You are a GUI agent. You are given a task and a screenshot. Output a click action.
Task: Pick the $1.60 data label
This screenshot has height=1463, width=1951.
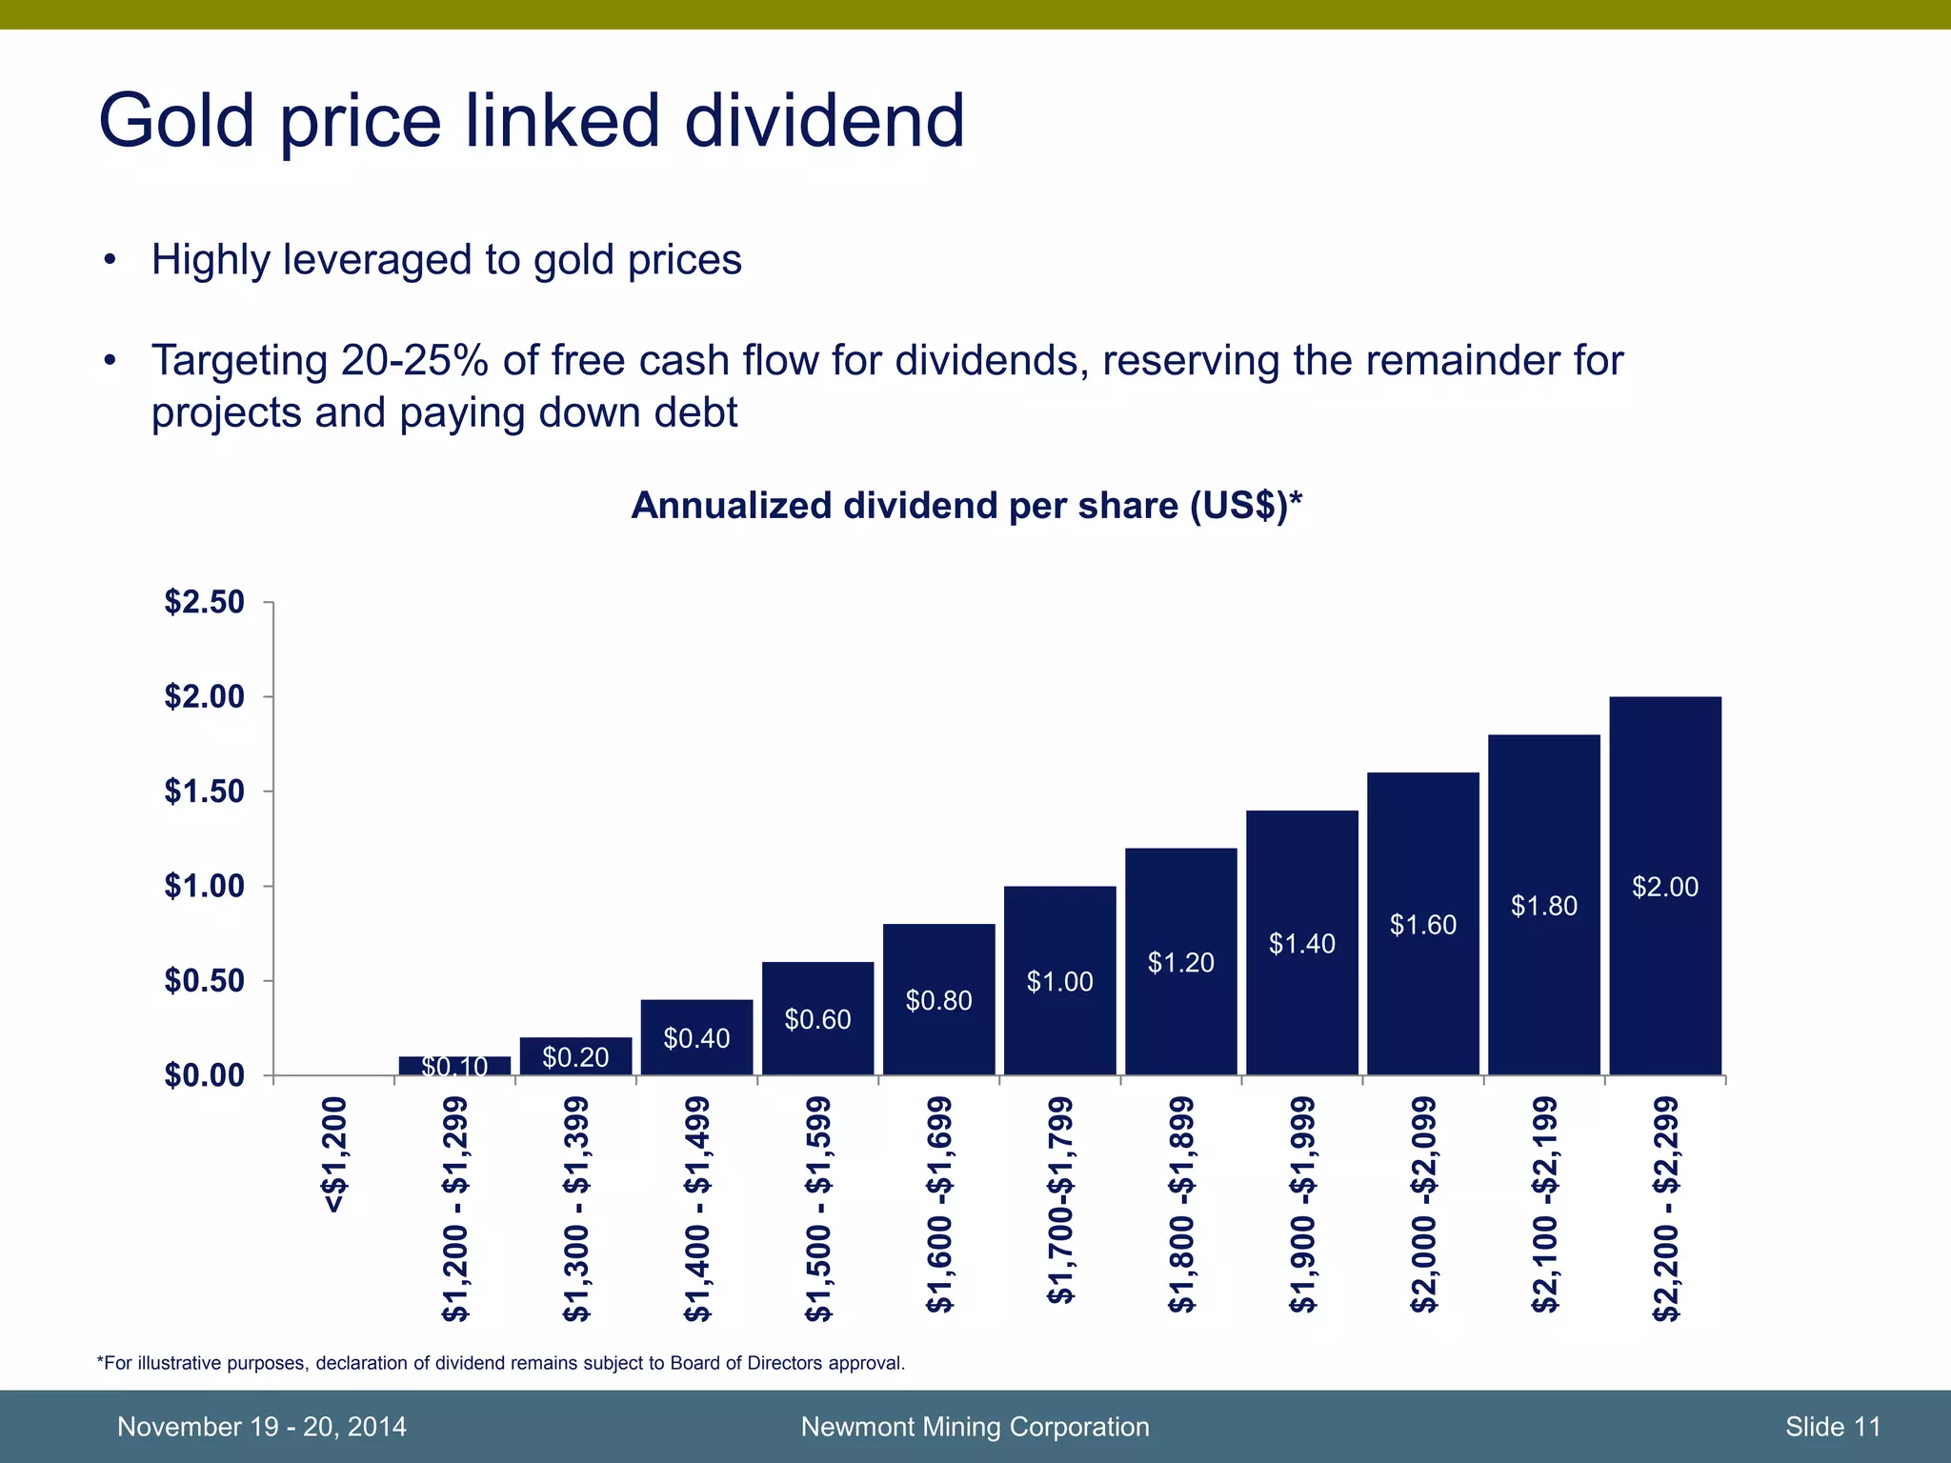1423,925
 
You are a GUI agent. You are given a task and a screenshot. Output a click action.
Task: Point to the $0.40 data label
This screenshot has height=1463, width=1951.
696,1039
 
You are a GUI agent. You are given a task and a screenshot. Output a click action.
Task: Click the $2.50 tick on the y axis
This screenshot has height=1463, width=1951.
204,602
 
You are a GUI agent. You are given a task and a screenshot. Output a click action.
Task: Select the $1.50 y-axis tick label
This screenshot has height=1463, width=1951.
204,792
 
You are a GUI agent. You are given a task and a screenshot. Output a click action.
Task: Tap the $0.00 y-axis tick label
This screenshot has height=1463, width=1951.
204,1075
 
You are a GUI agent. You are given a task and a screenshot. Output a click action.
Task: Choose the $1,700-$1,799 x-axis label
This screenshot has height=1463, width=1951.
1060,1200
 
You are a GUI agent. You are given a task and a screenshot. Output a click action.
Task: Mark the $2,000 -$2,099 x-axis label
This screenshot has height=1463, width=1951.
1423,1205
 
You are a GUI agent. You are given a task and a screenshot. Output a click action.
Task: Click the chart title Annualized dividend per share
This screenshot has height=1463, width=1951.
966,506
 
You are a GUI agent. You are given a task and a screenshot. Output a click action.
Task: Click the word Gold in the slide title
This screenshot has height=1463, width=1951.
177,122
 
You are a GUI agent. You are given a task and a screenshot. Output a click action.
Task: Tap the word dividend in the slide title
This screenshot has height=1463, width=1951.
824,122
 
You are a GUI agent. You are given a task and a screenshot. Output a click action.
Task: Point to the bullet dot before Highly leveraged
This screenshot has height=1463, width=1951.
111,260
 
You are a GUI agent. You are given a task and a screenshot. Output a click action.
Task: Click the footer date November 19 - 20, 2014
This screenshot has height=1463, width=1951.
261,1427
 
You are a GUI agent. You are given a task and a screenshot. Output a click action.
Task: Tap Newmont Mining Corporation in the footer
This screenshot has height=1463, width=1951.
975,1427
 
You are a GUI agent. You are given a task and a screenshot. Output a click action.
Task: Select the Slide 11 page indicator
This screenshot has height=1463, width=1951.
1833,1427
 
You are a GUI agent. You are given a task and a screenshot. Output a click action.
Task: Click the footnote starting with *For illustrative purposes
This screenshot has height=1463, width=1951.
501,1363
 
